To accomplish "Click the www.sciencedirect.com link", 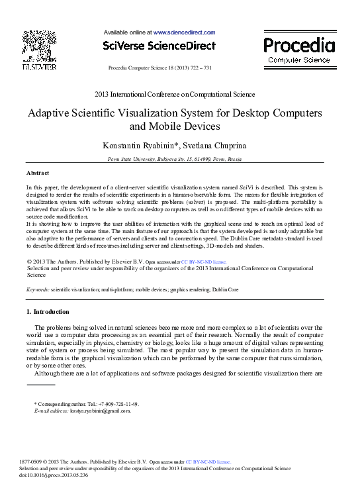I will (184, 32).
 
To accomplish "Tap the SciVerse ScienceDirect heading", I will (159, 46).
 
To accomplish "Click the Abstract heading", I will (38, 172).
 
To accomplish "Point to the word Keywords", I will (37, 289).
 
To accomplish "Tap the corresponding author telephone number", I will (118, 403).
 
